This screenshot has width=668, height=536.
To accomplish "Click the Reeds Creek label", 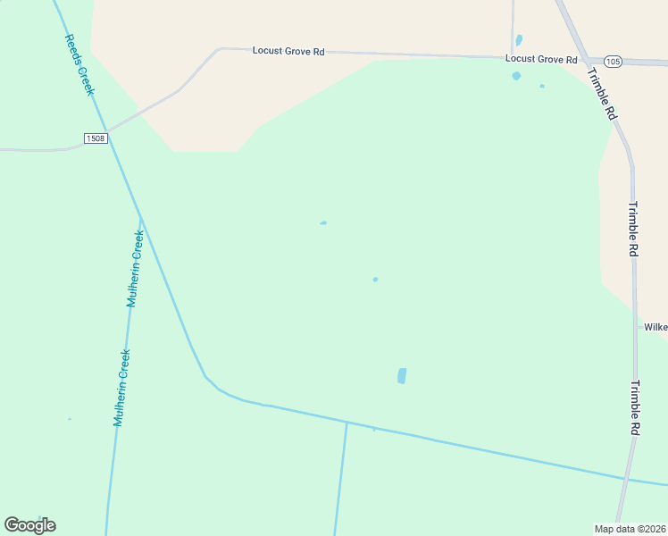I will point(79,65).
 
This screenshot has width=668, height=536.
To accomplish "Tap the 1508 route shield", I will point(96,138).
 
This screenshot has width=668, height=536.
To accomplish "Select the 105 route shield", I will point(612,61).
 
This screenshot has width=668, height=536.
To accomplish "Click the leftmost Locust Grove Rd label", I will point(288,52).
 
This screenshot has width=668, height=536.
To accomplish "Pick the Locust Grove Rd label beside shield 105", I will point(541,59).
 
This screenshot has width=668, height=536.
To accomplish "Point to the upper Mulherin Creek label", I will point(135,269).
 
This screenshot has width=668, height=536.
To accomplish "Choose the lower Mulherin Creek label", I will point(122,387).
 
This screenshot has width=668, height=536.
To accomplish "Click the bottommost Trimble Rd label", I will point(634,408).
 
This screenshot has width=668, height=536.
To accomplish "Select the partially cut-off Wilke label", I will point(655,327).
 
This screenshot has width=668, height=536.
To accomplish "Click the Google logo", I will point(29,525).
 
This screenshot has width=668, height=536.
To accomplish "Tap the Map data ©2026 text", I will point(630,529).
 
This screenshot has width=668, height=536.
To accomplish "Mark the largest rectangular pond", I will point(402,376).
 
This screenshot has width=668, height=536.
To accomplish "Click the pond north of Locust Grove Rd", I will point(519,40).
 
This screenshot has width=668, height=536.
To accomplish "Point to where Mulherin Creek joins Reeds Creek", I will point(140,219).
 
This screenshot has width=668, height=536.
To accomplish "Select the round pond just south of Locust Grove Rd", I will point(516,76).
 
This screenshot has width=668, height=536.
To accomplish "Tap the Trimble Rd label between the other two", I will point(632,230).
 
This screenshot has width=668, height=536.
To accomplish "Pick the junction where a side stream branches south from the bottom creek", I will point(347,422).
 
